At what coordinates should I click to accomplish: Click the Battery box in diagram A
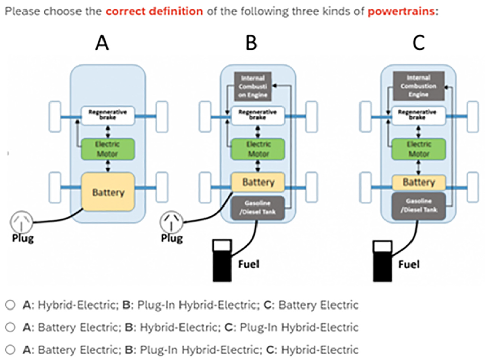click(108, 192)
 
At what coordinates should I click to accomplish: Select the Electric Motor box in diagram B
click(258, 149)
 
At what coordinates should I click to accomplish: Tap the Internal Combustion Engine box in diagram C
click(419, 86)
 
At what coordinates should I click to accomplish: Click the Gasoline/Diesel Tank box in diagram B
click(258, 208)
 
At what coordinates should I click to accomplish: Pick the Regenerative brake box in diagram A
click(108, 115)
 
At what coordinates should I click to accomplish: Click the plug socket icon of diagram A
click(21, 221)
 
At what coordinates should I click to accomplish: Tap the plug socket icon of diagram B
click(171, 222)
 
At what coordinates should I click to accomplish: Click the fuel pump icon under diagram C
click(382, 261)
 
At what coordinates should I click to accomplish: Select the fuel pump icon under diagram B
click(222, 261)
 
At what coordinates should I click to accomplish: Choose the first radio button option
click(10, 304)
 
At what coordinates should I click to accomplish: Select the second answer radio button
click(10, 327)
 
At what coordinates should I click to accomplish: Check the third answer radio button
click(10, 350)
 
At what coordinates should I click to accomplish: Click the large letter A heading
click(102, 43)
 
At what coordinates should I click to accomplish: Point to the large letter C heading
click(419, 43)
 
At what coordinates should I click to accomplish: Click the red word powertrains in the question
click(401, 12)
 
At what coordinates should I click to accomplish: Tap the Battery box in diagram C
click(419, 183)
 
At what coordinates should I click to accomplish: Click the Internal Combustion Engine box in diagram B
click(253, 87)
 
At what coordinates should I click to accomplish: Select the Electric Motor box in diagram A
click(108, 149)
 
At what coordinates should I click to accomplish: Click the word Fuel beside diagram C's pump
click(409, 264)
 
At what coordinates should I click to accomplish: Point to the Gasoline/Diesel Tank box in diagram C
click(419, 205)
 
